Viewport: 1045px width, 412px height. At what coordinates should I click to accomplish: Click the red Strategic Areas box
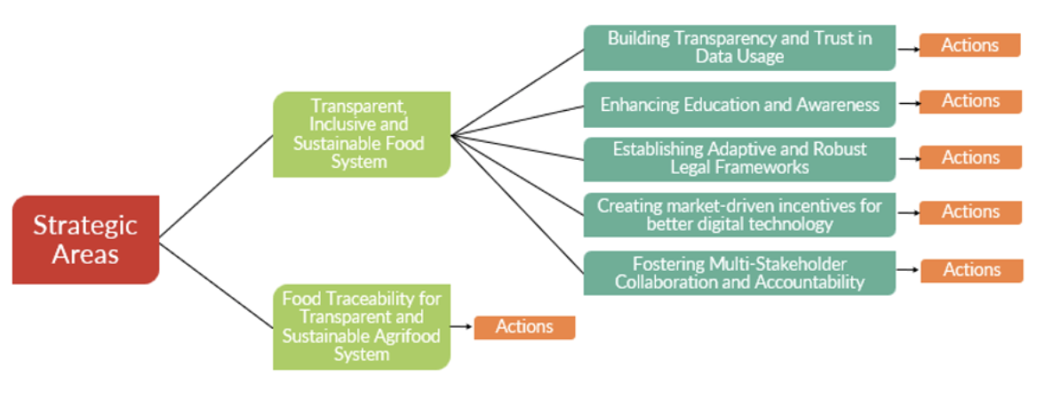tap(85, 239)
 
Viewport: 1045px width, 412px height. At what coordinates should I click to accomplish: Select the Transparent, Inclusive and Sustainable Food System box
tap(361, 134)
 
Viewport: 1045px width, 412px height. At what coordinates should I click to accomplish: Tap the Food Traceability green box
tap(361, 326)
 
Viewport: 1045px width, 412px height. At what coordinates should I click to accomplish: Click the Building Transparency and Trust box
tap(739, 47)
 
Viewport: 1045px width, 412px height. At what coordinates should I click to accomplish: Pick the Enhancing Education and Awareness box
tap(739, 105)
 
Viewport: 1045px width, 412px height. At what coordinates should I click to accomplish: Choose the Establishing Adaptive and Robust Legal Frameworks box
tap(739, 158)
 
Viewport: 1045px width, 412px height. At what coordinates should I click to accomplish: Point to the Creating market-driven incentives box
tap(739, 214)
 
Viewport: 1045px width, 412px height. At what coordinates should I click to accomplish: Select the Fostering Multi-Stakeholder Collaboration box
tap(739, 273)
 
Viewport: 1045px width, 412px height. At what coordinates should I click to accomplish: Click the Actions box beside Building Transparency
tap(969, 45)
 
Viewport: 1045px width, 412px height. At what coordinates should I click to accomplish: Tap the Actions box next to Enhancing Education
tap(969, 101)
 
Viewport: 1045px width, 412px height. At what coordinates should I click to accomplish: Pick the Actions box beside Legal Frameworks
tap(969, 157)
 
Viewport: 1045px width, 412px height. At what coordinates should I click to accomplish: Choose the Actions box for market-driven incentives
tap(969, 212)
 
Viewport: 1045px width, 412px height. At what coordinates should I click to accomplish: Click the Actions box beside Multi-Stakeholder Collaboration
tap(970, 270)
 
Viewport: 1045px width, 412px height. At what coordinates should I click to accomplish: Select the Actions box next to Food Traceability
tap(524, 327)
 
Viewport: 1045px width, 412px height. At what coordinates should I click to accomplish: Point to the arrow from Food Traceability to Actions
tap(461, 327)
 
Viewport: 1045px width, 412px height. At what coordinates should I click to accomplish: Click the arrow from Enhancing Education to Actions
tap(907, 104)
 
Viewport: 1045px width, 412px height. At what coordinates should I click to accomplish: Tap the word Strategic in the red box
tap(85, 225)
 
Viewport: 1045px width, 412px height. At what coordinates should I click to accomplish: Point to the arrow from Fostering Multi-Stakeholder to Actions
tap(907, 271)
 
